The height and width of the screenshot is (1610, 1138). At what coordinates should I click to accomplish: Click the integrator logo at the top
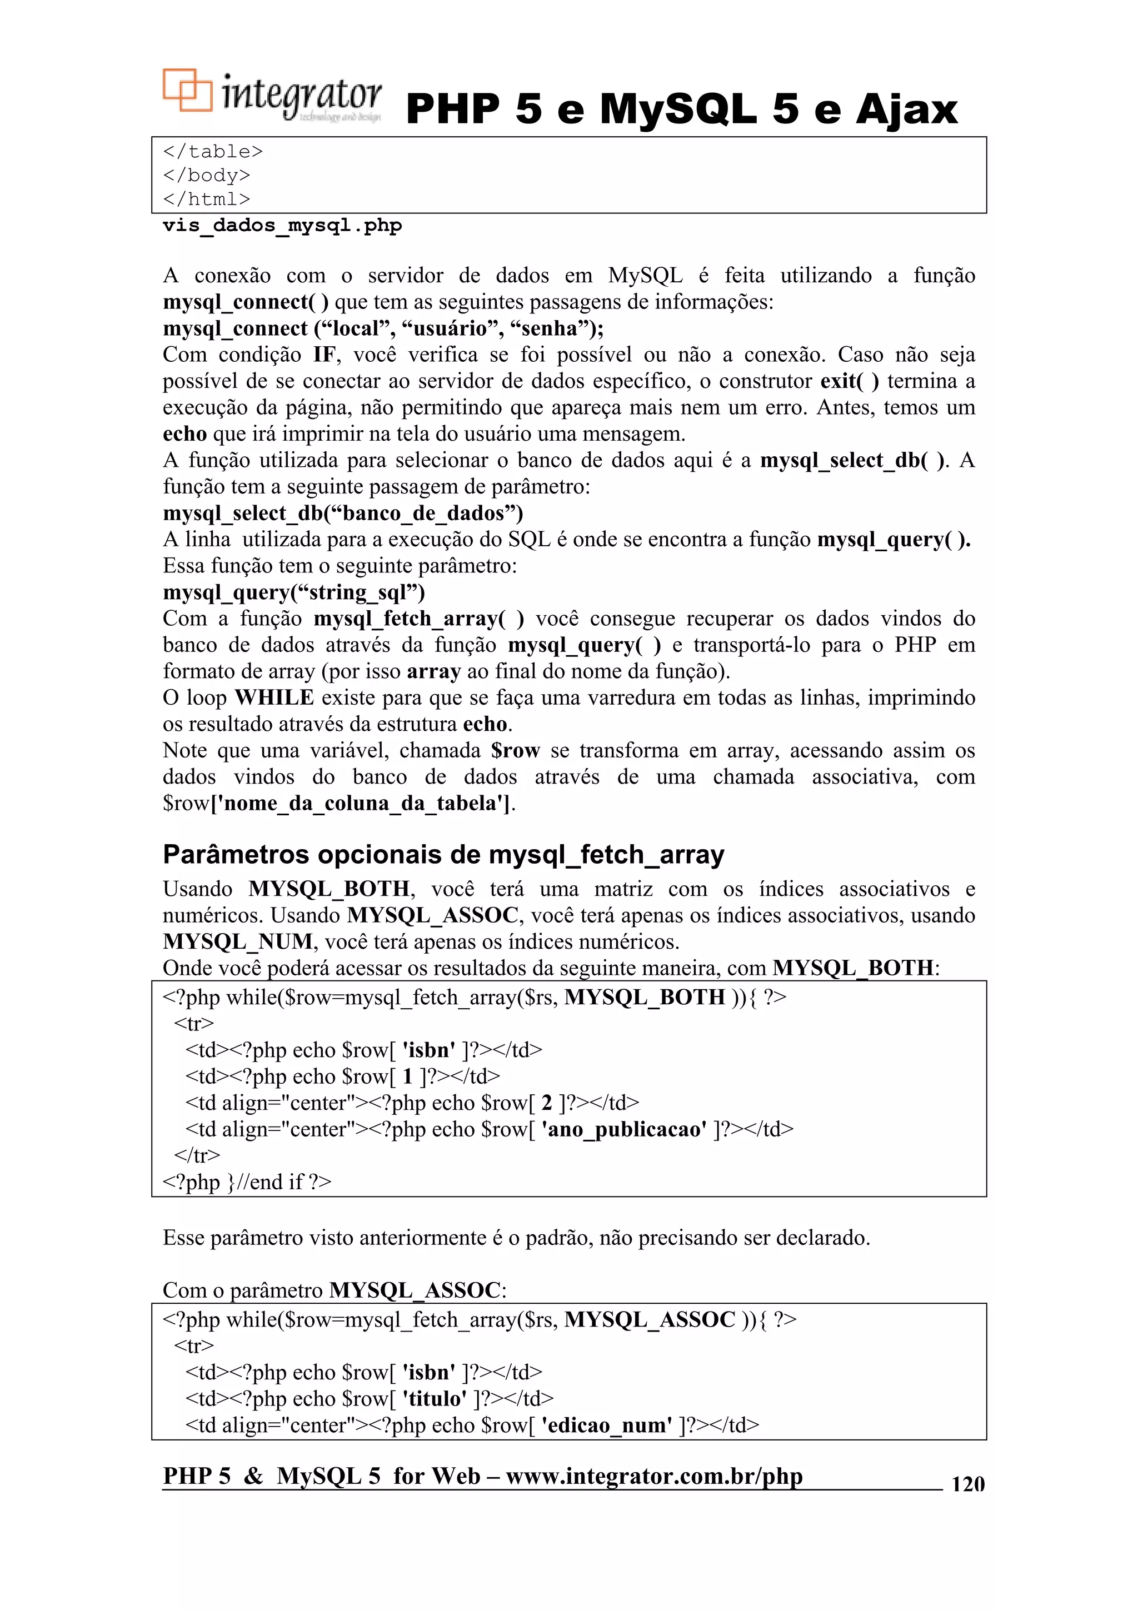point(272,96)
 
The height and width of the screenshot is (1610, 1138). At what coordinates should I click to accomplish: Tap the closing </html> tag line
point(206,199)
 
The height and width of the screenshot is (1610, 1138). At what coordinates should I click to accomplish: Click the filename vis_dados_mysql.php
point(282,226)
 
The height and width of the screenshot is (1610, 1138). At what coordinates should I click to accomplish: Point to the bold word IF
point(325,355)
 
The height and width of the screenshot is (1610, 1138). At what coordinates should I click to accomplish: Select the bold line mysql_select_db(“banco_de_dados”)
point(343,514)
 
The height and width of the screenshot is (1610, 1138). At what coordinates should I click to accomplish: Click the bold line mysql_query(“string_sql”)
point(294,592)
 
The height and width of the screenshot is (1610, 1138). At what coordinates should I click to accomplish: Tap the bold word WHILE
point(274,697)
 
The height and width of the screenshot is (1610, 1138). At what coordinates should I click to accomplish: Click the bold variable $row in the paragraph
point(515,751)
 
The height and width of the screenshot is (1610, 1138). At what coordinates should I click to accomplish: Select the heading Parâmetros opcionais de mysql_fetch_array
point(443,855)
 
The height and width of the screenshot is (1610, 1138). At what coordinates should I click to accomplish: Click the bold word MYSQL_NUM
point(238,942)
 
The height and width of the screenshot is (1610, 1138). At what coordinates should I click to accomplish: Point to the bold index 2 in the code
point(547,1103)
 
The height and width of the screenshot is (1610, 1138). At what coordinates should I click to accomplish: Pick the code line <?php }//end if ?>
point(247,1182)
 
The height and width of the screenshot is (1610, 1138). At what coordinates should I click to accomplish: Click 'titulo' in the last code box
point(434,1399)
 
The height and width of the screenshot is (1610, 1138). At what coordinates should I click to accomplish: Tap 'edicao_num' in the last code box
point(607,1425)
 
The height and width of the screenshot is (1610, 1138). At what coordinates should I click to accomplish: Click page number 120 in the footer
point(967,1484)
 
